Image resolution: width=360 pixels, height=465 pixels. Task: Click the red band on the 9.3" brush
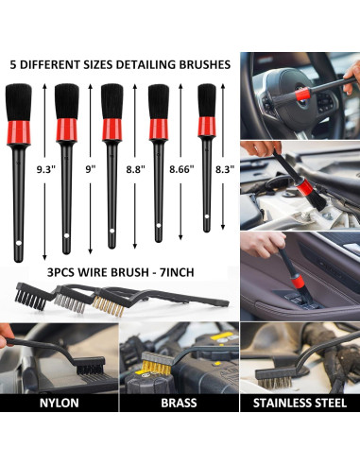pos(25,128)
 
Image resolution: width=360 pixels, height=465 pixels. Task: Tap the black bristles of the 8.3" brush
pos(206,102)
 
